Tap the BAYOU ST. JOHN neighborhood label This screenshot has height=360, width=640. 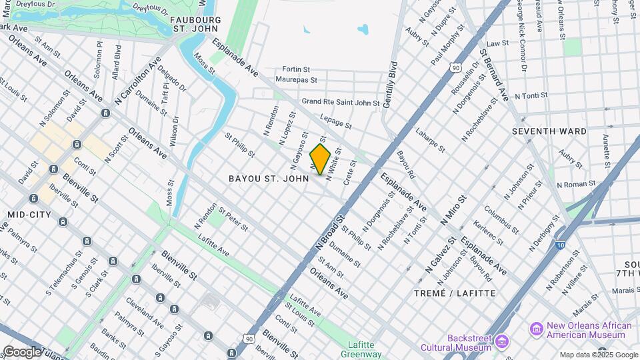pos(269,179)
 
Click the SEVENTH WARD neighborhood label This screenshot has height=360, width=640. pos(549,131)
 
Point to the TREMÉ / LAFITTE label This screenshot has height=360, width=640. pos(455,293)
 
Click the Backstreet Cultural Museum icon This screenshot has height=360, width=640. pos(503,342)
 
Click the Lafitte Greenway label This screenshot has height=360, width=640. pos(364,349)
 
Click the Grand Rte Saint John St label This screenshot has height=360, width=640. pos(340,103)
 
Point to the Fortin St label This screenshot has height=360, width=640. pos(296,69)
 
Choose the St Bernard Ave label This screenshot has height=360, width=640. pos(494,74)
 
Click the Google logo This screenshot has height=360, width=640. pos(21,351)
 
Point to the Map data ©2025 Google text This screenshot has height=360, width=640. pos(599,355)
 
